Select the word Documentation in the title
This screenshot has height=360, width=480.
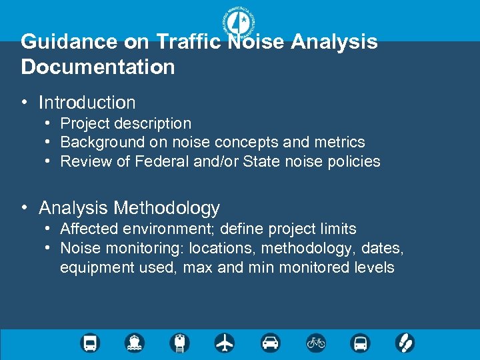click(98, 67)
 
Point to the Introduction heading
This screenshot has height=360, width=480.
click(87, 103)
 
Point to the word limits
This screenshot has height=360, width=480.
click(339, 229)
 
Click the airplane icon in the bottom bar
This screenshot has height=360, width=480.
click(225, 343)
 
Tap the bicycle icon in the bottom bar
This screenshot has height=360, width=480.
click(315, 343)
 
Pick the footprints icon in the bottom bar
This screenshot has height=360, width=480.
click(405, 343)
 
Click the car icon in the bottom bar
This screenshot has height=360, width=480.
click(270, 343)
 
